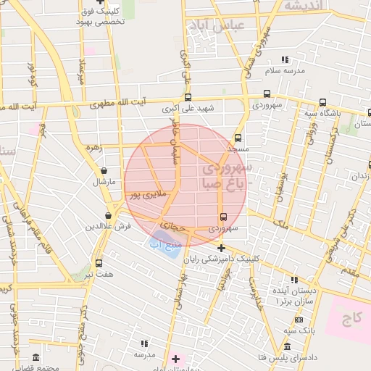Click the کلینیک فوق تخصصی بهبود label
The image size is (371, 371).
[100, 17]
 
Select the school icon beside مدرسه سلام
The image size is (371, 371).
[285, 59]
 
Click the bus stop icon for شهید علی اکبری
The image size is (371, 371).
[188, 97]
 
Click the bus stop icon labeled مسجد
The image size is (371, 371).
[238, 138]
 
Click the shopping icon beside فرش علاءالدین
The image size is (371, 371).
[108, 215]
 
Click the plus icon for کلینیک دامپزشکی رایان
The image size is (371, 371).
[221, 248]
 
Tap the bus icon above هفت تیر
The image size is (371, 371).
[99, 263]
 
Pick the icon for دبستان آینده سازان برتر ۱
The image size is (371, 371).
[293, 279]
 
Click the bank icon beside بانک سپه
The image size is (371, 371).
[299, 320]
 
